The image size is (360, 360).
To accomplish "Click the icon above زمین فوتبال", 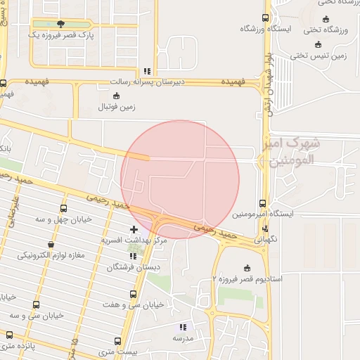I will pos(117,96).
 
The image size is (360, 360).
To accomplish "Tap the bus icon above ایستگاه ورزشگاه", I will pos(265,18).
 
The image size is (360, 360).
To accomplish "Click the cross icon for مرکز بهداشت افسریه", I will pos(134,230).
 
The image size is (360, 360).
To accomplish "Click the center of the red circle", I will pos(180,179).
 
